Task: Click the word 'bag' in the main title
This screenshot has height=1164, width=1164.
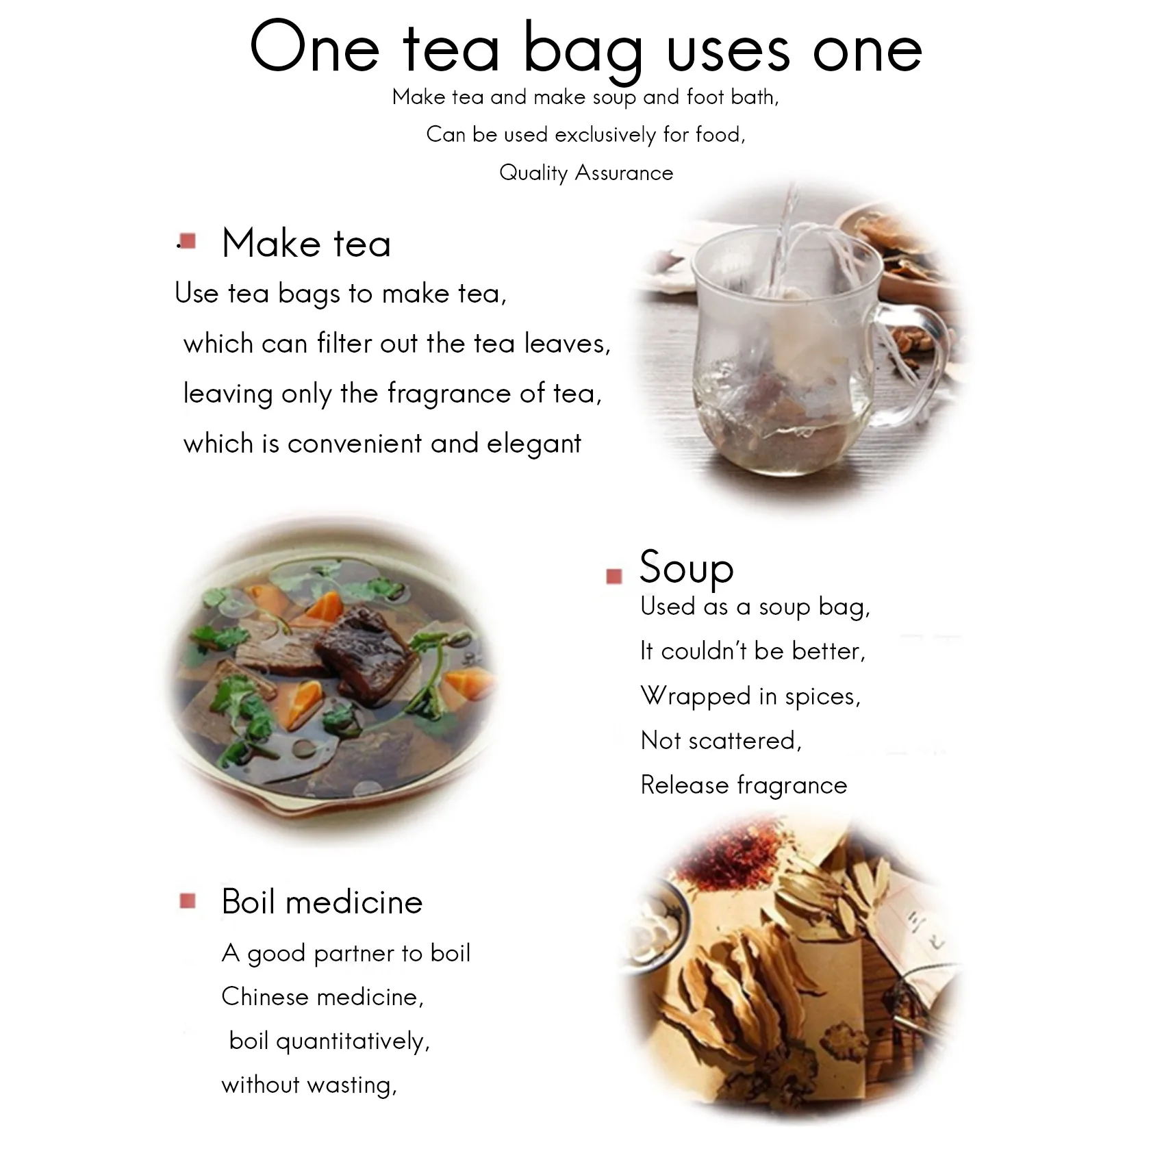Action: click(583, 52)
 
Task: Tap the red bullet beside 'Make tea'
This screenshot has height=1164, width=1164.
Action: click(188, 241)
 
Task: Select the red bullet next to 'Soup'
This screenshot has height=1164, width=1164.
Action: click(614, 576)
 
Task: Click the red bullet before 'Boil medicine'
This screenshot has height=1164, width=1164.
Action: click(188, 900)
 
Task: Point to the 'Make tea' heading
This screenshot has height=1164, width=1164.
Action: click(306, 244)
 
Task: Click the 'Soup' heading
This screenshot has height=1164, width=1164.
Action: click(686, 568)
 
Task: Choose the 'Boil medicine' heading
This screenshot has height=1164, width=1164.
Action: click(322, 902)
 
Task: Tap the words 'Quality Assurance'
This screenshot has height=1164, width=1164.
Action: click(586, 173)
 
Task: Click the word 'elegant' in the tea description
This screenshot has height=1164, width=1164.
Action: click(533, 444)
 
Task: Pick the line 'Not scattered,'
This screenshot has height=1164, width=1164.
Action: click(720, 740)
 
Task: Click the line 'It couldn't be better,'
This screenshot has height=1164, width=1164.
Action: click(752, 650)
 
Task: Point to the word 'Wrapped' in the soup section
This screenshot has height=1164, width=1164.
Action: click(695, 696)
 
